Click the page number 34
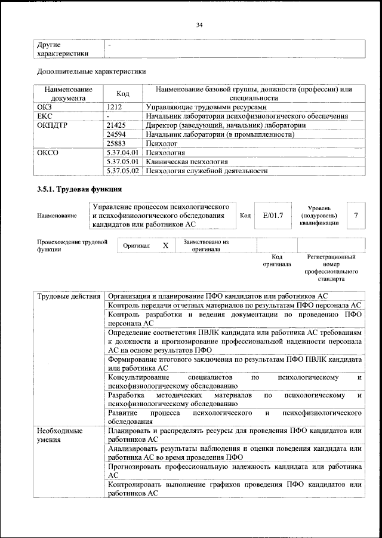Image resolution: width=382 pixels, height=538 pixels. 199,24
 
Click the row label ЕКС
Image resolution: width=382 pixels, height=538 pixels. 45,116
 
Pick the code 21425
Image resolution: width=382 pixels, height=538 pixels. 116,125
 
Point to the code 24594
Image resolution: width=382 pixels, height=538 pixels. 116,135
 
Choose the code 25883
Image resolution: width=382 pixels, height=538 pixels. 116,144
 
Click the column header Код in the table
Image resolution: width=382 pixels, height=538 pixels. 122,94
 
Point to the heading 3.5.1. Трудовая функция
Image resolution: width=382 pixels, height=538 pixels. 79,190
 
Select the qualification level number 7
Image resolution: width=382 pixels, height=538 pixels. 356,214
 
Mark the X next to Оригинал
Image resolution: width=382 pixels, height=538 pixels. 166,245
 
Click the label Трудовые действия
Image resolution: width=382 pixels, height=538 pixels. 69,296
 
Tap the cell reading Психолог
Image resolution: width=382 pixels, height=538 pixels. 163,144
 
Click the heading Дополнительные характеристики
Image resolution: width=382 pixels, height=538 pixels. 91,72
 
